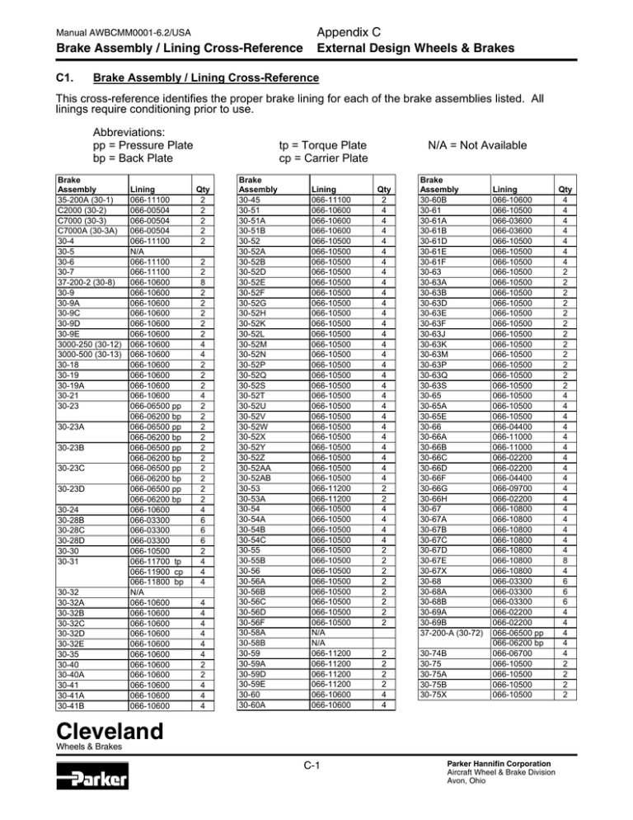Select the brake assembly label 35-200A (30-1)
pos(87,199)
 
